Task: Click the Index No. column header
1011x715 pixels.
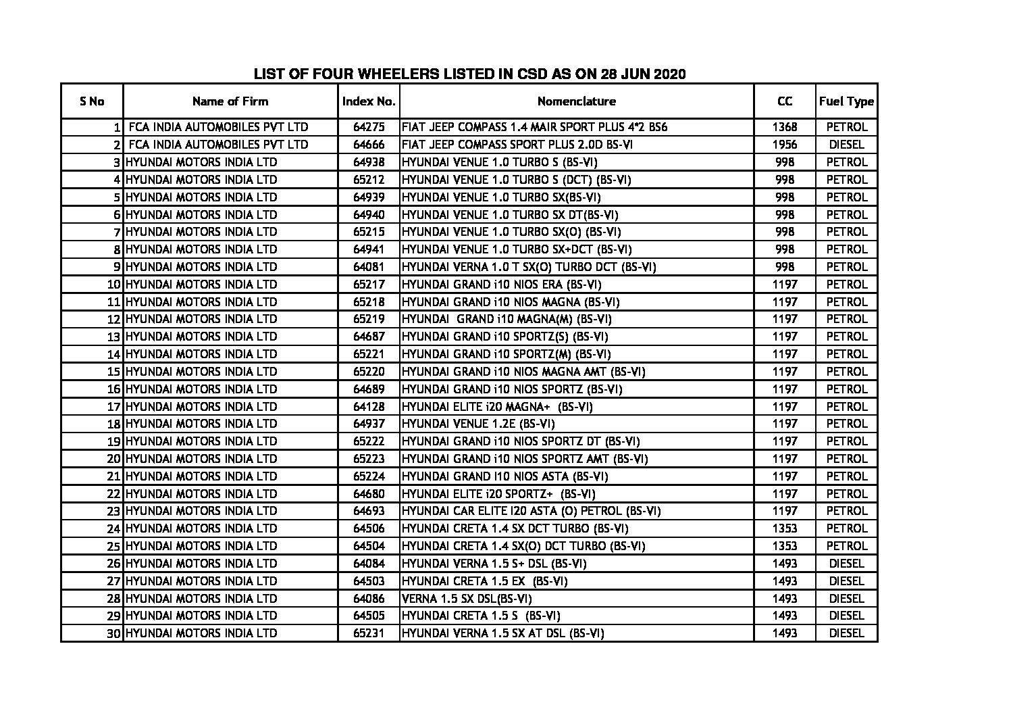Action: click(x=368, y=101)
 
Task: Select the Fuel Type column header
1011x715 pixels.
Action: click(x=846, y=101)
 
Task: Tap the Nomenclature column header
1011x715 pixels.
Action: click(x=576, y=101)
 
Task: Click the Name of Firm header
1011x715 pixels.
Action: click(x=230, y=101)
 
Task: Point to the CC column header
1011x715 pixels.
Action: click(x=784, y=101)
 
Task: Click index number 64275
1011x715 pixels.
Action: click(x=368, y=127)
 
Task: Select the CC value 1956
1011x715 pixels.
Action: click(x=784, y=145)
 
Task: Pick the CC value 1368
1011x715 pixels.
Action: click(x=784, y=127)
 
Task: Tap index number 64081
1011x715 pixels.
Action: click(x=368, y=267)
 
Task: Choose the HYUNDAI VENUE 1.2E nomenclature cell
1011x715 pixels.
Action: click(x=478, y=424)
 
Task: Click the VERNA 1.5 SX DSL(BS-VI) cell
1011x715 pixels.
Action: click(x=461, y=599)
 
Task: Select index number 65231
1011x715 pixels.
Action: click(x=368, y=633)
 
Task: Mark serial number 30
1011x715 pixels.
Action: click(x=113, y=634)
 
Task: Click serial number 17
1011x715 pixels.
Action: click(x=113, y=407)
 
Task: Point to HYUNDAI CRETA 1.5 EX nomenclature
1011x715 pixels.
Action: click(x=484, y=581)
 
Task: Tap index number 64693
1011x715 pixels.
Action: click(x=368, y=511)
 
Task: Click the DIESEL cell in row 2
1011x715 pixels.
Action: click(x=846, y=145)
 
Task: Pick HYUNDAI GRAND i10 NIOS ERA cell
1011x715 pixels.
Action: click(x=501, y=285)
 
